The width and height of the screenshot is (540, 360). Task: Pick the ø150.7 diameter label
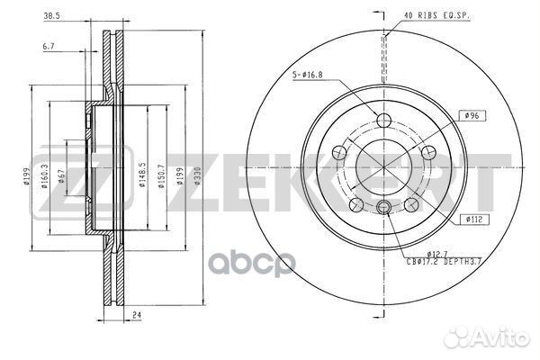[x=162, y=177]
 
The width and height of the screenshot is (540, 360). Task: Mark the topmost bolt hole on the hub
[x=384, y=121]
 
